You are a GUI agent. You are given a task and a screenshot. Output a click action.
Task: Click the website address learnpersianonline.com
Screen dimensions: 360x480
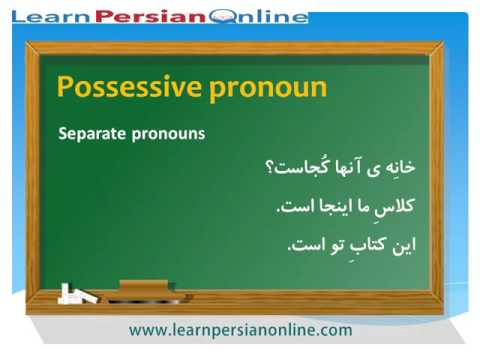point(240,329)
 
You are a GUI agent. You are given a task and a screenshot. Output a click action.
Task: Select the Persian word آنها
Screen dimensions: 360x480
point(344,167)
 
